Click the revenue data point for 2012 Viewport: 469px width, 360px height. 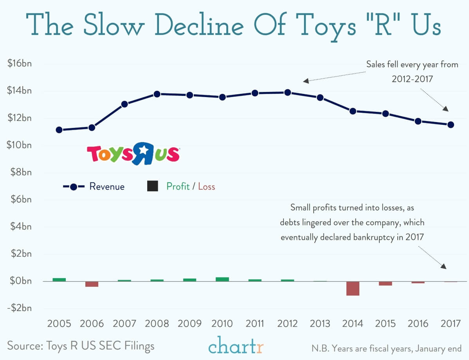click(287, 92)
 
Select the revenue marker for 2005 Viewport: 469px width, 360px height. click(59, 130)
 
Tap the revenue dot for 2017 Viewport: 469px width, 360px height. click(451, 124)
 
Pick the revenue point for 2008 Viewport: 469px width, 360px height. click(157, 94)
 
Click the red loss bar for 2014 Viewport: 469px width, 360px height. click(353, 288)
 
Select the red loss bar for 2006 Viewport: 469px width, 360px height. click(92, 284)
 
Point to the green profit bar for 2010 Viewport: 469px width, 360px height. click(222, 279)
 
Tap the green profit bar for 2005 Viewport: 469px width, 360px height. click(59, 279)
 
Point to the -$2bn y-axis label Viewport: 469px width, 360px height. click(19, 308)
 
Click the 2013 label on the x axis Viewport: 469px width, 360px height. click(320, 324)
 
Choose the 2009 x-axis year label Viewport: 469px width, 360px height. click(189, 324)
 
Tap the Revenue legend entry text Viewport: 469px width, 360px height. click(107, 187)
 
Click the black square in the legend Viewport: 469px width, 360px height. click(152, 186)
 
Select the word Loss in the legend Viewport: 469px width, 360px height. click(206, 187)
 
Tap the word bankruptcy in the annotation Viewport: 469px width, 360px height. click(376, 237)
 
